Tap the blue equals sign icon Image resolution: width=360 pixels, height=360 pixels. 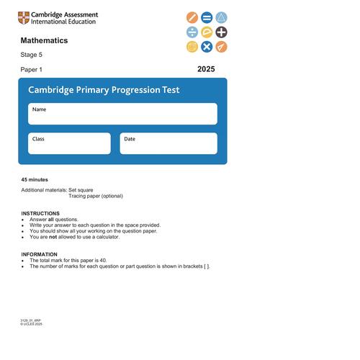(207, 17)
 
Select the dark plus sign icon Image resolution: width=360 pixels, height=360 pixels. (221, 32)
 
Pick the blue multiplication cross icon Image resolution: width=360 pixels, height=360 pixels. (207, 47)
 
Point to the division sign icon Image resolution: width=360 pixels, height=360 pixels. (192, 32)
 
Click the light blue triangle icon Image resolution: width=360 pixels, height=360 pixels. (221, 17)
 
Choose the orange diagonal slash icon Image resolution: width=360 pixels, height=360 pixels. (192, 17)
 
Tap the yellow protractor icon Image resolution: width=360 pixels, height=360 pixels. (207, 32)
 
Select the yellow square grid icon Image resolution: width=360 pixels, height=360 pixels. (192, 47)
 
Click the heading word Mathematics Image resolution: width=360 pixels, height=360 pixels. (44, 40)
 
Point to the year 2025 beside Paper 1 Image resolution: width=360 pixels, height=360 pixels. (206, 69)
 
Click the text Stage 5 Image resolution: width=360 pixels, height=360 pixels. (31, 55)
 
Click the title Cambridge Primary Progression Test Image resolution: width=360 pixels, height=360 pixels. (104, 90)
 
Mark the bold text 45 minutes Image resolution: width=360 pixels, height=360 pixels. (35, 179)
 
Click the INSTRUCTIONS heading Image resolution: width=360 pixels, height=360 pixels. (40, 213)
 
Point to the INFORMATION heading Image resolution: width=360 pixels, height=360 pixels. (40, 254)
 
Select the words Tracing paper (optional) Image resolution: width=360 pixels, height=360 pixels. (96, 196)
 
